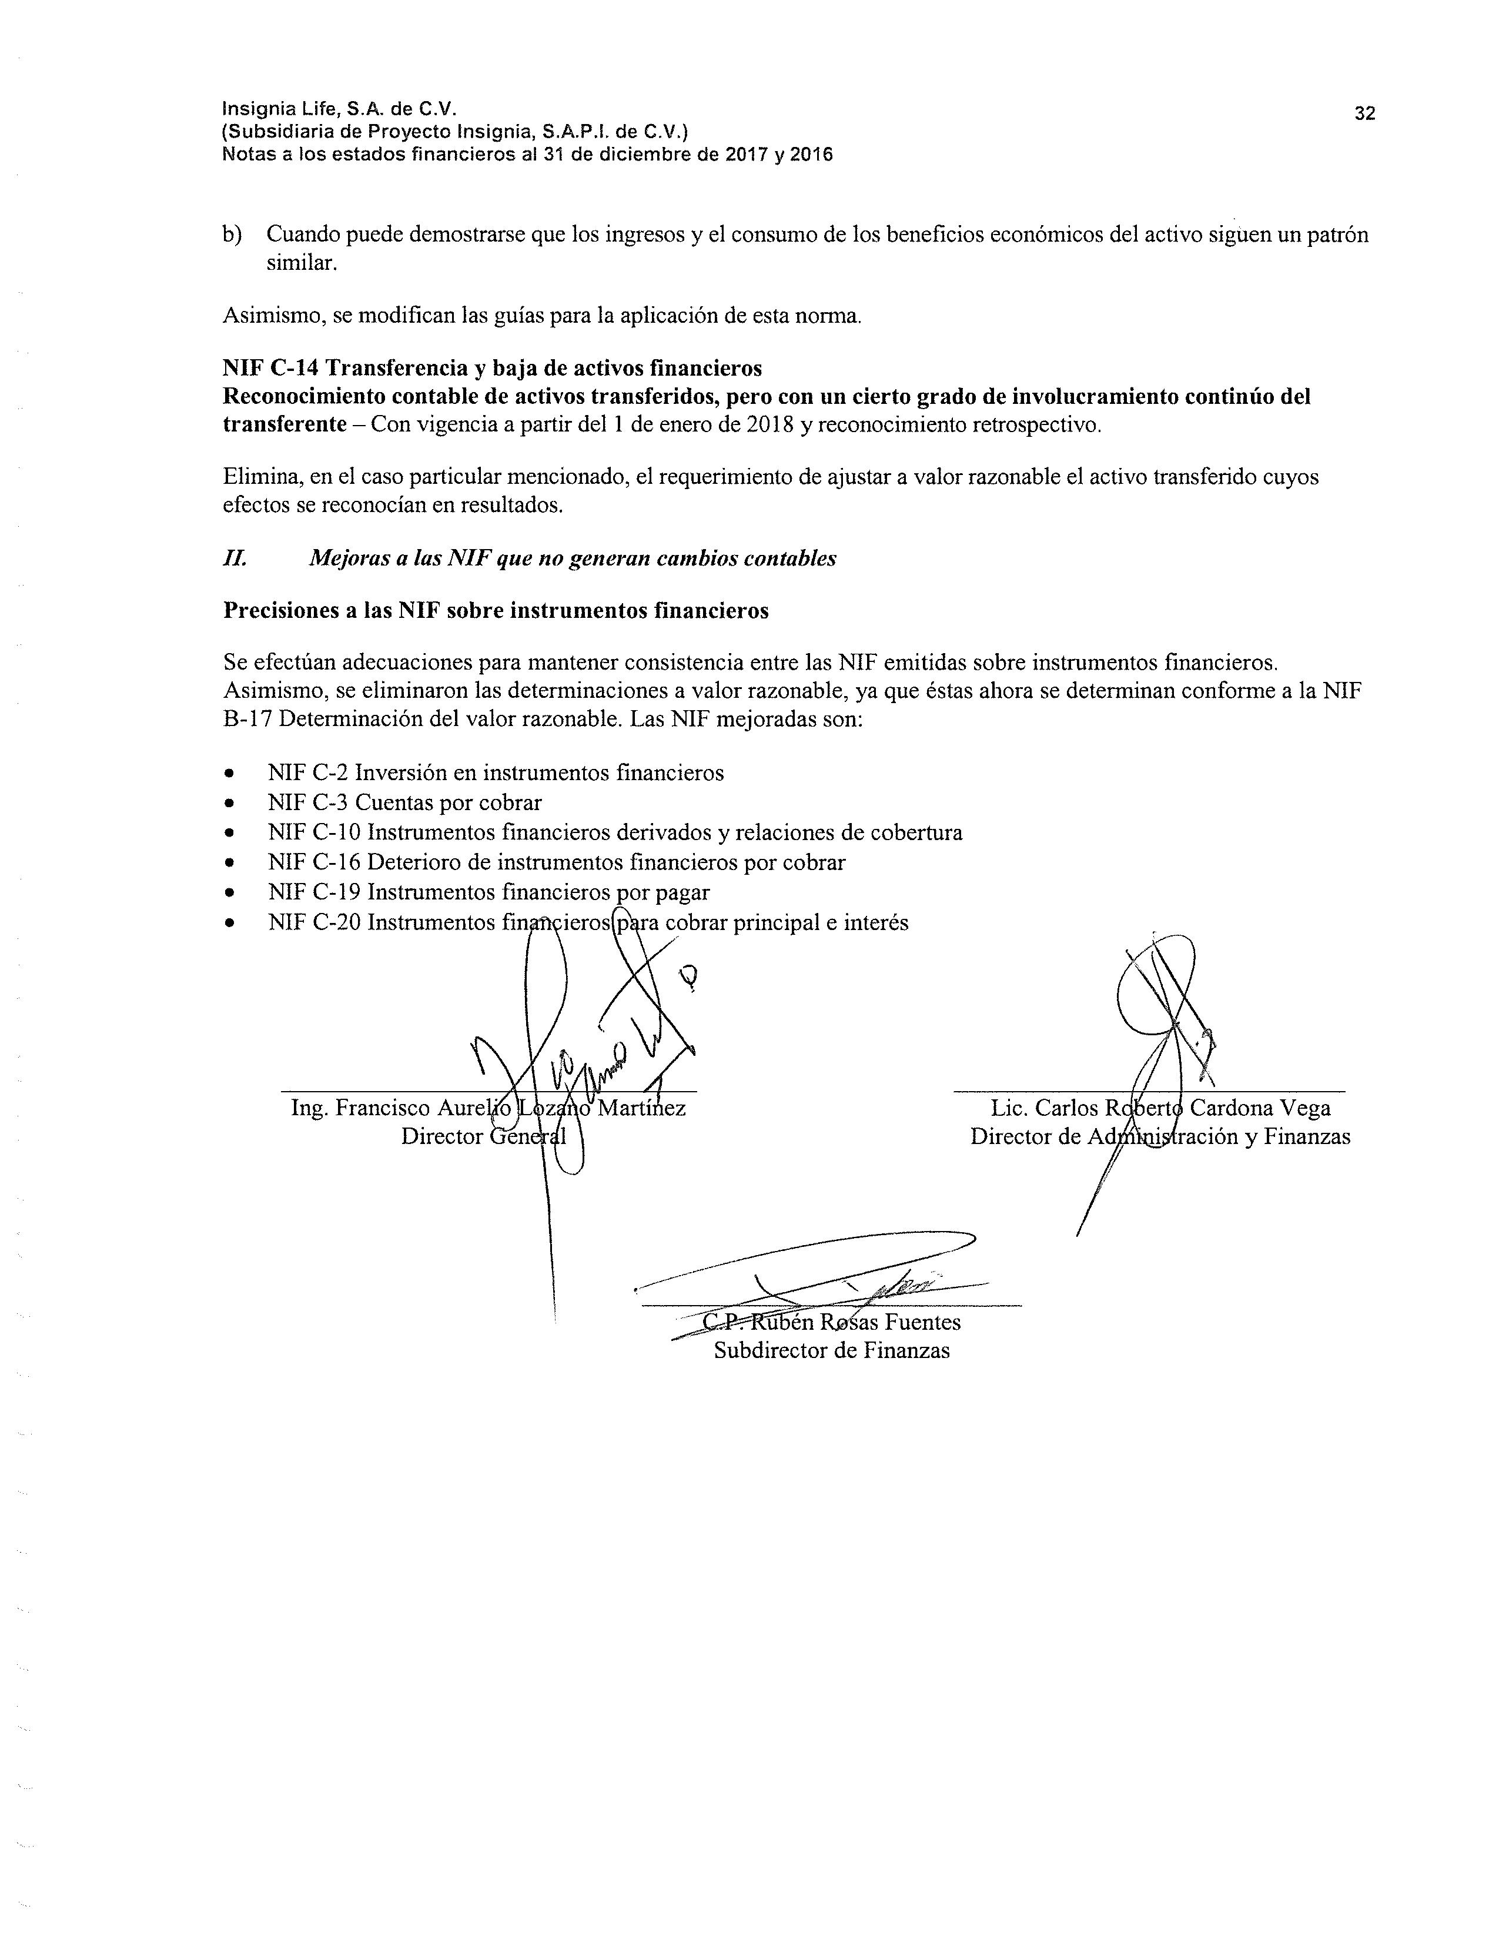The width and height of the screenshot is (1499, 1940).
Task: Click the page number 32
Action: click(1364, 113)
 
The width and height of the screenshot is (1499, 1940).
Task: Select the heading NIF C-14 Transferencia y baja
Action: click(492, 368)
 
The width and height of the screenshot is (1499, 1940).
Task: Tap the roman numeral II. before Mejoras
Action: click(235, 558)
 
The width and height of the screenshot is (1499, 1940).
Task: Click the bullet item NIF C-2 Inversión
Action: click(496, 773)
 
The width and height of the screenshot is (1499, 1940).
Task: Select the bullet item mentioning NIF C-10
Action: click(614, 832)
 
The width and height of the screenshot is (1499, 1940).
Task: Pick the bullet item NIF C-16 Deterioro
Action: click(556, 862)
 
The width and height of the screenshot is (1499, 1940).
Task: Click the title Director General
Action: click(483, 1136)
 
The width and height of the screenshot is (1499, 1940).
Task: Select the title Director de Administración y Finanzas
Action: click(1160, 1136)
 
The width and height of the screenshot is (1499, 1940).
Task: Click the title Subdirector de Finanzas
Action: click(831, 1350)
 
